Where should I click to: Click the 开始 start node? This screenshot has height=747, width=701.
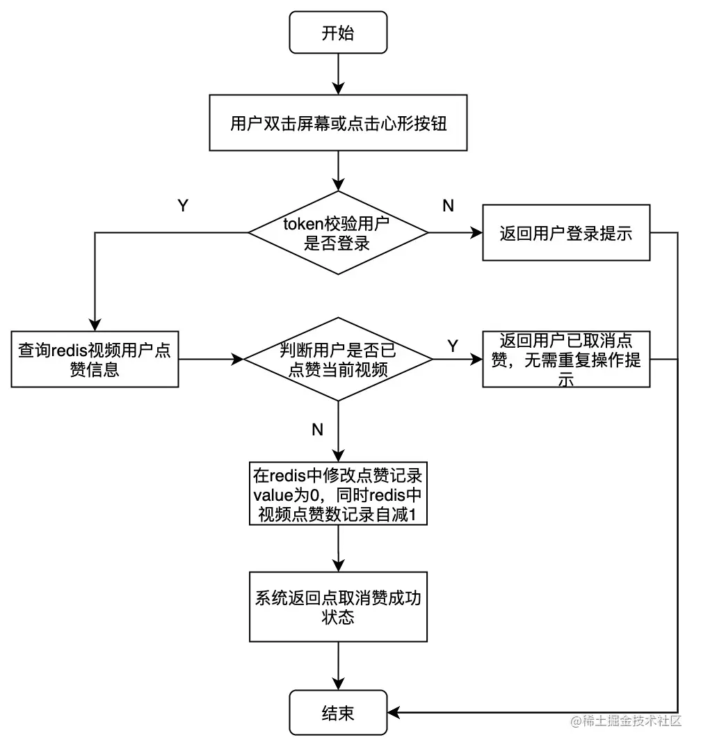pyautogui.click(x=337, y=33)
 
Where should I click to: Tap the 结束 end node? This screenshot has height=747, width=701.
pyautogui.click(x=337, y=714)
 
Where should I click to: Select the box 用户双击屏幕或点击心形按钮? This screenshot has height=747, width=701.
pyautogui.click(x=337, y=124)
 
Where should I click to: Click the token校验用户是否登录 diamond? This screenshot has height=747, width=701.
pyautogui.click(x=337, y=233)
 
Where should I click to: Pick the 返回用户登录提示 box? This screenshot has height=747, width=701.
pyautogui.click(x=566, y=233)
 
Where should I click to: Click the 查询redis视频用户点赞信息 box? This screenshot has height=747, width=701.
pyautogui.click(x=95, y=359)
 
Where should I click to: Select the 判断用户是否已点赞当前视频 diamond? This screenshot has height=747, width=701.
pyautogui.click(x=337, y=359)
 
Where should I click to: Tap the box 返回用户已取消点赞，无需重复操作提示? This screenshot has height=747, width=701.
pyautogui.click(x=566, y=359)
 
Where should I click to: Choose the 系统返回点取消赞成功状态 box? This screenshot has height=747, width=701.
pyautogui.click(x=337, y=607)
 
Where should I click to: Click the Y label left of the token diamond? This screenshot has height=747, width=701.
pyautogui.click(x=183, y=206)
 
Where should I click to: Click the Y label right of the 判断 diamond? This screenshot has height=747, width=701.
pyautogui.click(x=453, y=346)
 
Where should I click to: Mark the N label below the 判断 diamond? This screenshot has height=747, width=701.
pyautogui.click(x=317, y=430)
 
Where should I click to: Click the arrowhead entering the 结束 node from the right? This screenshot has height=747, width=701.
pyautogui.click(x=394, y=712)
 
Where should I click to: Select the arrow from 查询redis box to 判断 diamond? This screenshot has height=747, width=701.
pyautogui.click(x=212, y=359)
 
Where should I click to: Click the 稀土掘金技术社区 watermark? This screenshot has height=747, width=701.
pyautogui.click(x=626, y=721)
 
